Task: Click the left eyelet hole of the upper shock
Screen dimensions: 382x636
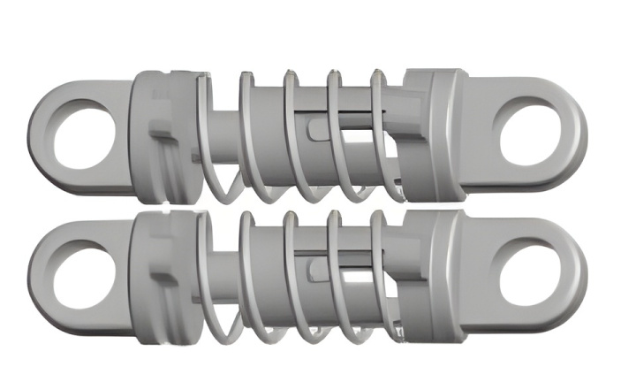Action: pyautogui.click(x=85, y=136)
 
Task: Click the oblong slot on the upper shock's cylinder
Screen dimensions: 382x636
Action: pyautogui.click(x=317, y=130)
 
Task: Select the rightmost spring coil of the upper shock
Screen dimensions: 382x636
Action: pyautogui.click(x=381, y=133)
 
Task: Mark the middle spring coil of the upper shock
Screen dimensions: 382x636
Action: pyautogui.click(x=291, y=133)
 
